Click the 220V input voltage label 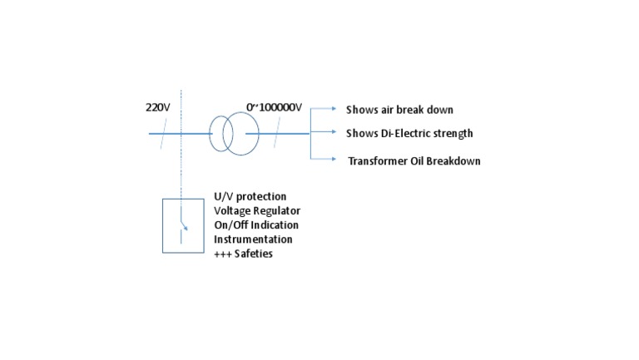coord(157,107)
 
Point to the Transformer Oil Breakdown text coord(414,161)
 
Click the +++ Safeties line coord(243,254)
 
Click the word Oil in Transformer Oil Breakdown coord(414,161)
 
